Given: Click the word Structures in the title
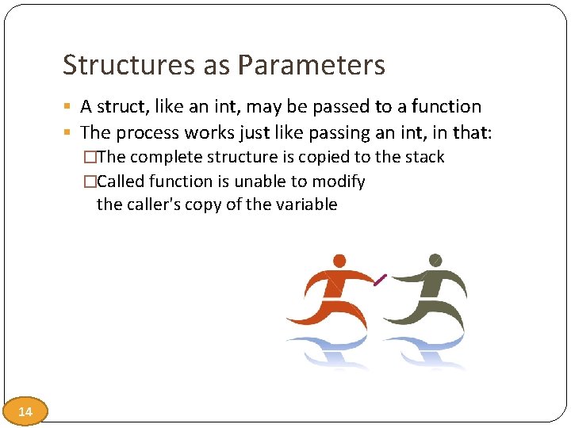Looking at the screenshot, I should [129, 65].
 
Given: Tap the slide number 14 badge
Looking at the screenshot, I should [25, 411].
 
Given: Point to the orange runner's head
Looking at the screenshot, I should [339, 261].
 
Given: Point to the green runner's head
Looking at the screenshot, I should [435, 260].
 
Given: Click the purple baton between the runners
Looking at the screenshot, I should [380, 279].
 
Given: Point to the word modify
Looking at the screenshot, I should [339, 182].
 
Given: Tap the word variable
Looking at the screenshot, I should [305, 204].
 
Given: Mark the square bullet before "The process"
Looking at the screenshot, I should [69, 132].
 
